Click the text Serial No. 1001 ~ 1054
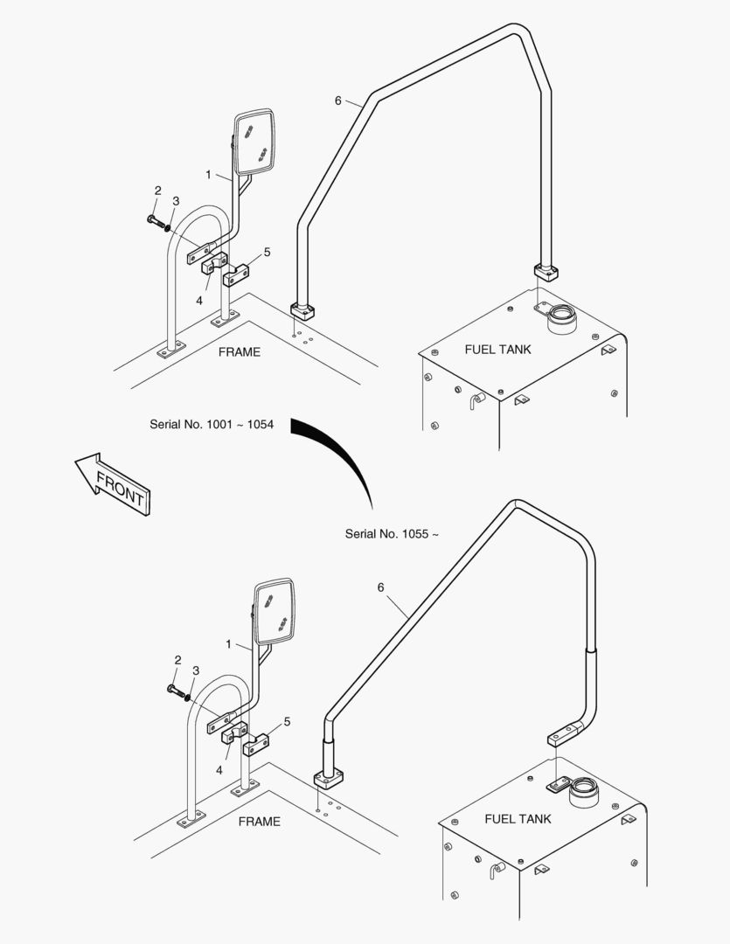pos(212,425)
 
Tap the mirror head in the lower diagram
pos(275,612)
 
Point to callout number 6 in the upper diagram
pos(338,101)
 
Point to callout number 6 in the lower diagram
pos(381,587)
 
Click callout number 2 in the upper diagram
pos(158,191)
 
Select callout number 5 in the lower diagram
pos(287,721)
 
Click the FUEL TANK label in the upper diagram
pos(497,350)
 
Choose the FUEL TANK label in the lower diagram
pos(518,819)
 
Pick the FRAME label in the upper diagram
pos(239,352)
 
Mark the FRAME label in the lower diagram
pos(260,822)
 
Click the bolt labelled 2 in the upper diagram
pos(156,219)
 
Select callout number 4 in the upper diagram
pos(198,300)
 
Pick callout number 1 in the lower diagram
pos(228,644)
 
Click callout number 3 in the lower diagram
pos(196,670)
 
